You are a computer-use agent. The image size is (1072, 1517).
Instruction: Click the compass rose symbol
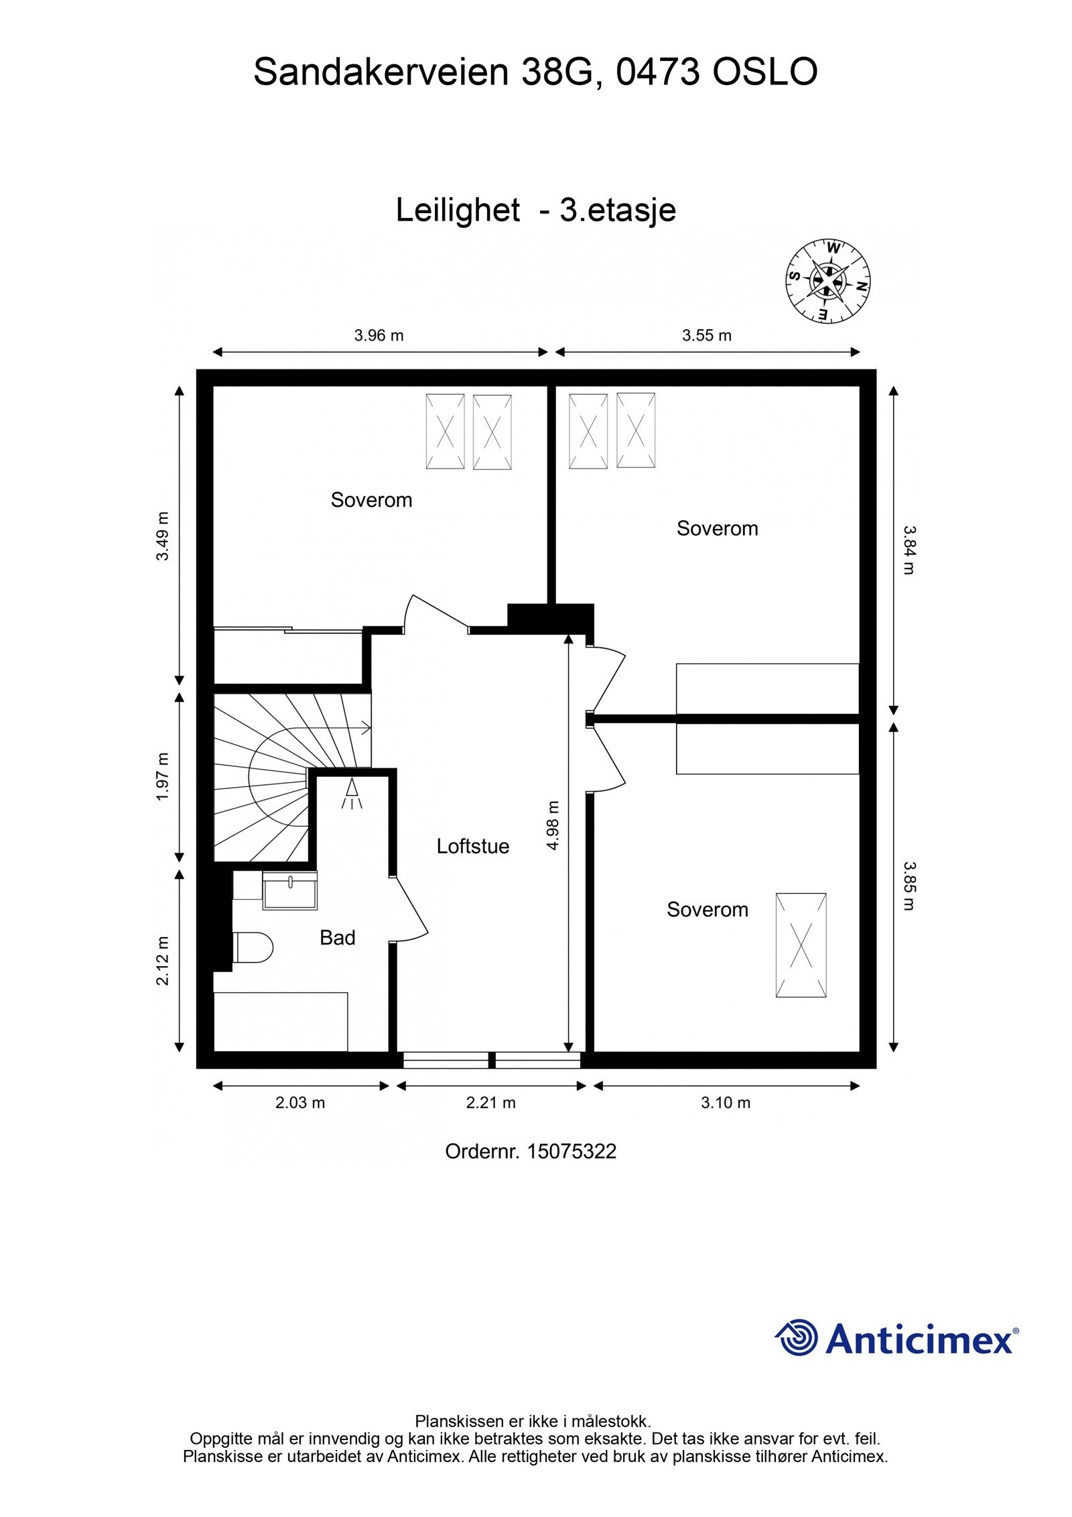pyautogui.click(x=828, y=280)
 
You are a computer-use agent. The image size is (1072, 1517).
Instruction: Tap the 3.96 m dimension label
pyautogui.click(x=379, y=335)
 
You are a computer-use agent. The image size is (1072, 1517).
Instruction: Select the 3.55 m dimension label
pyautogui.click(x=707, y=335)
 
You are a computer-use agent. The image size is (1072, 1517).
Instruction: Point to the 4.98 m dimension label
pyautogui.click(x=553, y=825)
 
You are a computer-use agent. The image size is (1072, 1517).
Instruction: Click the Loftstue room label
pyautogui.click(x=472, y=846)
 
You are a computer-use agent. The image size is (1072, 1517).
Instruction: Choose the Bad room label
pyautogui.click(x=337, y=938)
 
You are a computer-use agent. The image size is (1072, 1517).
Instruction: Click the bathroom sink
pyautogui.click(x=289, y=890)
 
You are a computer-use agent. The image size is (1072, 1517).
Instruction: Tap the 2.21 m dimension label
pyautogui.click(x=490, y=1102)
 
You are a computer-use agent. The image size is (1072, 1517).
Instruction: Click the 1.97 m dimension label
pyautogui.click(x=163, y=777)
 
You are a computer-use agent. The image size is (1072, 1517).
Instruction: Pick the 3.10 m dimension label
pyautogui.click(x=726, y=1102)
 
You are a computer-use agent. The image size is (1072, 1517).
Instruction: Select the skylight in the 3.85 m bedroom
pyautogui.click(x=801, y=945)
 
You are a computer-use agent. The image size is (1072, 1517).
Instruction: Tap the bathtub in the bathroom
pyautogui.click(x=281, y=1022)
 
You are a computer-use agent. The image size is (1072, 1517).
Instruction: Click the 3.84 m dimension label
pyautogui.click(x=908, y=549)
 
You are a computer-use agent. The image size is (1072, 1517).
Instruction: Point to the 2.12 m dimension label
pyautogui.click(x=163, y=960)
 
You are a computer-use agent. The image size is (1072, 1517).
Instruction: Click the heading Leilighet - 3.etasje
pyautogui.click(x=535, y=210)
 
